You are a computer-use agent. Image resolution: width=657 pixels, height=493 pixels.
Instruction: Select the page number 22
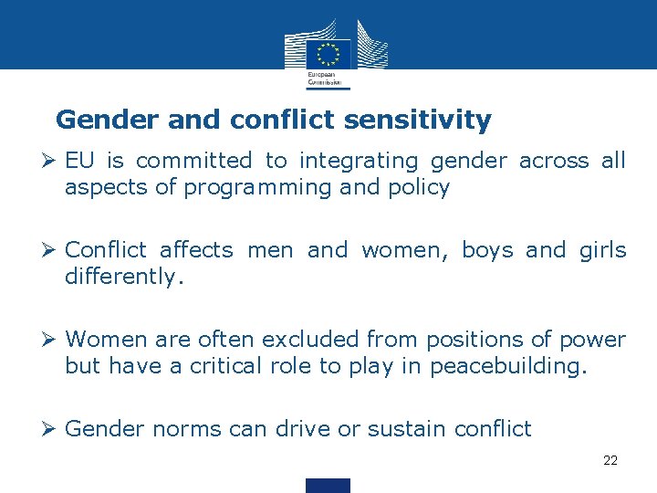tap(610, 460)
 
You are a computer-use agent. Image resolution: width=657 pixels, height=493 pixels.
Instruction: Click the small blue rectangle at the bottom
tap(328, 485)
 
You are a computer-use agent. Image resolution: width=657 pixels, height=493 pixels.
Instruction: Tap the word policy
tap(418, 188)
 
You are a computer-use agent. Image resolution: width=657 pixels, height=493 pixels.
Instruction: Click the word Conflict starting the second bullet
tap(106, 250)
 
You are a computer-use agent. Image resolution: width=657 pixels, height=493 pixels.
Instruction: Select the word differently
tap(124, 277)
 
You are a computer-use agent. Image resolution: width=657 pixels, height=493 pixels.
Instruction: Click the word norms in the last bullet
tap(177, 429)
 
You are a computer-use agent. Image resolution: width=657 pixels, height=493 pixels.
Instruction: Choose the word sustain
tap(400, 429)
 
